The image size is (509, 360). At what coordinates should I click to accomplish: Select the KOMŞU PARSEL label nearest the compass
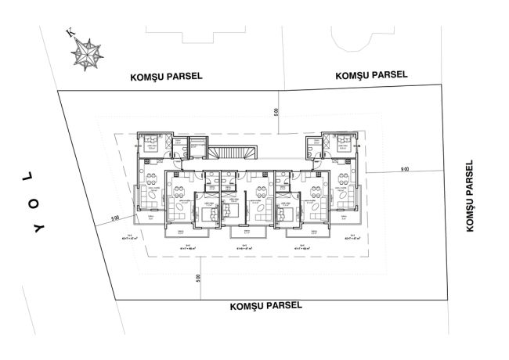click(166, 77)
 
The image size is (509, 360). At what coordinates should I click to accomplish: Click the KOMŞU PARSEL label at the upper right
click(371, 75)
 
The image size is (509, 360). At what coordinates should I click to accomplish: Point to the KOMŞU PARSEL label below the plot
click(265, 306)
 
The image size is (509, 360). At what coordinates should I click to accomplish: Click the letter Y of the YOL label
click(37, 229)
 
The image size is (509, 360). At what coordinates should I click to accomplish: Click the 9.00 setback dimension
click(404, 169)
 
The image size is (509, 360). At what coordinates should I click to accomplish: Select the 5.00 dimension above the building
click(276, 113)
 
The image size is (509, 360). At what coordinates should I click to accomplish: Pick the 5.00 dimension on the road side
click(114, 218)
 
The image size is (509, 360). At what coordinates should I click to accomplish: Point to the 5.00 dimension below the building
click(199, 276)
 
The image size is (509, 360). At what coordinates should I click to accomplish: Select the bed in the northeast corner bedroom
click(341, 143)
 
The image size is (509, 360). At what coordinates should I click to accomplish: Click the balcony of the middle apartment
click(244, 232)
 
